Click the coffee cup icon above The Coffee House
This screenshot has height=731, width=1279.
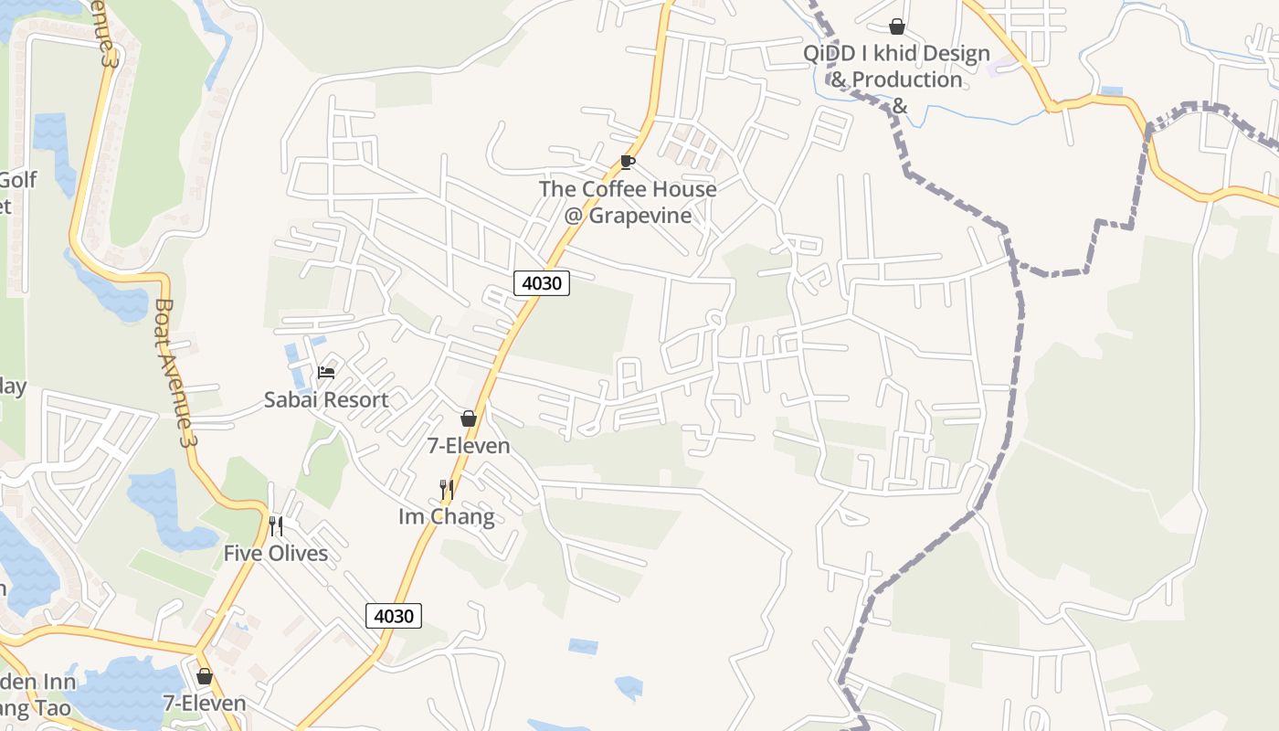(627, 162)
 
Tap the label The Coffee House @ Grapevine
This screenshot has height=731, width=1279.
(628, 202)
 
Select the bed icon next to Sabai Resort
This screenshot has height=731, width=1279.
(326, 372)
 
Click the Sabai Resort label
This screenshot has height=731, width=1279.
(326, 399)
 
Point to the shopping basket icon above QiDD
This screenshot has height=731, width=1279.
(897, 26)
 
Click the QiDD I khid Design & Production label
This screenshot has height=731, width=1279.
(896, 67)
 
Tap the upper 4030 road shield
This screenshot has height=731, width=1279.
(541, 283)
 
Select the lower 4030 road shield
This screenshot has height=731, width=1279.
(394, 616)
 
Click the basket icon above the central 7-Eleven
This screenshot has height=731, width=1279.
(469, 418)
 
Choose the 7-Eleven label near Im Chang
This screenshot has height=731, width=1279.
(469, 446)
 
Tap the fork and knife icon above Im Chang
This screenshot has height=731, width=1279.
(447, 490)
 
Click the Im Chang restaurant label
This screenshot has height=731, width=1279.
(447, 517)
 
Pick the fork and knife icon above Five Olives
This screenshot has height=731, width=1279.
(276, 526)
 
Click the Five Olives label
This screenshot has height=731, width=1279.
(276, 554)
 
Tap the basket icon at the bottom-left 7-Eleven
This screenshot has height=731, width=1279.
(205, 676)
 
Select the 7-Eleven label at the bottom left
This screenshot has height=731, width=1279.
(205, 704)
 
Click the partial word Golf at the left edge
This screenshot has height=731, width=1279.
(18, 180)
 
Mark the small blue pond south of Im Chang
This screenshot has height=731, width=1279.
(583, 646)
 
